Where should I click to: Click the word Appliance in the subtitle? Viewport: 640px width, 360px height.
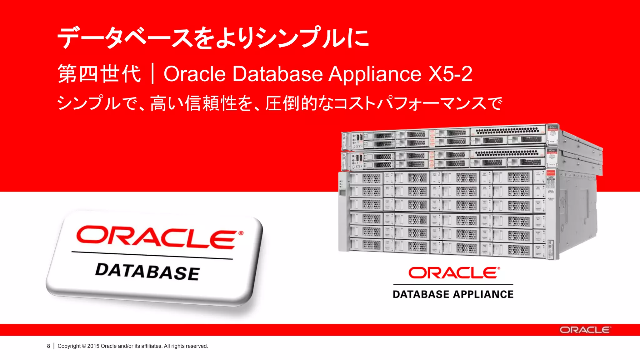click(375, 74)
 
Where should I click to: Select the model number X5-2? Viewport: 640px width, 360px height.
click(450, 74)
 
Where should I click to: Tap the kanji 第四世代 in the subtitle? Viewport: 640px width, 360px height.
click(99, 74)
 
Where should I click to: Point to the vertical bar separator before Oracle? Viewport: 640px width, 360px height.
click(152, 74)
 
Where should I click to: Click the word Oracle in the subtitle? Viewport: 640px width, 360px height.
click(195, 74)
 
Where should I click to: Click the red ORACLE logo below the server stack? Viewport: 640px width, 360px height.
click(453, 273)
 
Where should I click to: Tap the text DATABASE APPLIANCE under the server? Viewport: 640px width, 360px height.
click(453, 294)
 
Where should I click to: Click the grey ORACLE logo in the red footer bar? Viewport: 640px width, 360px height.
click(585, 330)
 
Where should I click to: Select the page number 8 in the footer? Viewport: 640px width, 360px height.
click(48, 346)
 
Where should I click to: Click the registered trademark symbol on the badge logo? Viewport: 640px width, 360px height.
click(241, 233)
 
